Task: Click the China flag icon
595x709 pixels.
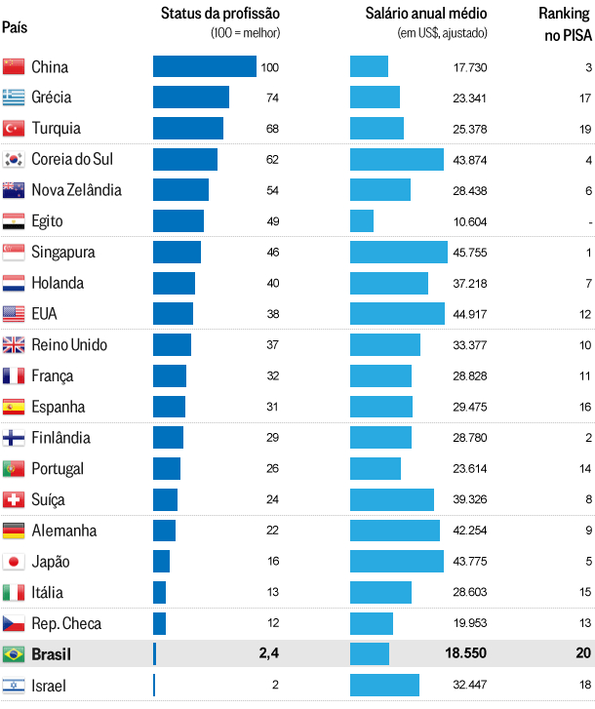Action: [x=14, y=67]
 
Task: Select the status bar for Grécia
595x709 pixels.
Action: [x=191, y=98]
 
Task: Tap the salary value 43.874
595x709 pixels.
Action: [x=470, y=159]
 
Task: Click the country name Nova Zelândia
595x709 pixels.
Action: [x=76, y=190]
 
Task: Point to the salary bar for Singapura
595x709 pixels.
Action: [x=398, y=252]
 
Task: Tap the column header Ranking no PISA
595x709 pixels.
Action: [x=565, y=24]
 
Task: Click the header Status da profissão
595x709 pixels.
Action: [x=220, y=14]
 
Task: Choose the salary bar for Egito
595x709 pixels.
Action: [x=362, y=221]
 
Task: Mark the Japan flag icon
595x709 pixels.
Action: [x=14, y=562]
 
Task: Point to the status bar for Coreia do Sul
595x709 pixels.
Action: [x=185, y=159]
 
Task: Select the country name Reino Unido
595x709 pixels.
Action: [x=69, y=345]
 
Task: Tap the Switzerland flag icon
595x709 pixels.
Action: [x=14, y=499]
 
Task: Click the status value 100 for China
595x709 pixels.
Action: [x=270, y=67]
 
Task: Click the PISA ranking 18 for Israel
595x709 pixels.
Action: [x=585, y=686]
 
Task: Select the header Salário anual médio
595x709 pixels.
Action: [x=426, y=14]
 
